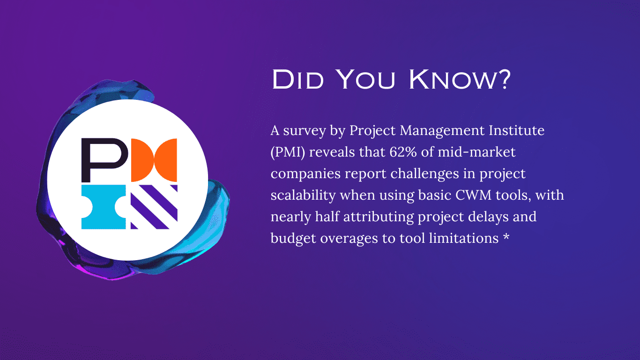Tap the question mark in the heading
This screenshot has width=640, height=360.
click(504, 79)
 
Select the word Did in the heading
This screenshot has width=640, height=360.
click(298, 79)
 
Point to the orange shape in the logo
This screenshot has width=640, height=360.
click(154, 160)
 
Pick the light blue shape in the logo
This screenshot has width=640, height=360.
click(104, 207)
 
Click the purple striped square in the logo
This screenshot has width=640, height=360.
click(154, 207)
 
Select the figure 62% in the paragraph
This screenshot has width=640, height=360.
click(403, 152)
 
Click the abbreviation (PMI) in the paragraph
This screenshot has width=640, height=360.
click(288, 152)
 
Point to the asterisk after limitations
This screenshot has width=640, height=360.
click(506, 236)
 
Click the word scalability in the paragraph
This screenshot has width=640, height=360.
click(303, 195)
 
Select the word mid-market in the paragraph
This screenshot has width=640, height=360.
click(476, 152)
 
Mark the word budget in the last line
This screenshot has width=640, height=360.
click(293, 239)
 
